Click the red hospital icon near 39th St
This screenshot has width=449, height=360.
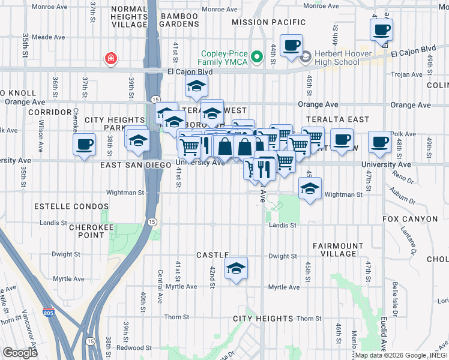tap(111, 58)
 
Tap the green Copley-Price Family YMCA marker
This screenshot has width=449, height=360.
tap(258, 57)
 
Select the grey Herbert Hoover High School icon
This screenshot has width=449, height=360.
tap(306, 57)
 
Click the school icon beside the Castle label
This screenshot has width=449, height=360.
tap(237, 269)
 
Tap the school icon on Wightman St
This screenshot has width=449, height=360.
tap(310, 188)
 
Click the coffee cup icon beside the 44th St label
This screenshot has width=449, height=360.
tap(292, 46)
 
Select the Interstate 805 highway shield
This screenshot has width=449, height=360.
tap(48, 313)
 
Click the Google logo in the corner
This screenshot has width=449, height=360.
tap(19, 352)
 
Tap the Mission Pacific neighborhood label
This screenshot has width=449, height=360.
tap(268, 22)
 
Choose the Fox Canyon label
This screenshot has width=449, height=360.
tap(410, 219)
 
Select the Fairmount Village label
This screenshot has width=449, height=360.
tap(339, 250)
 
